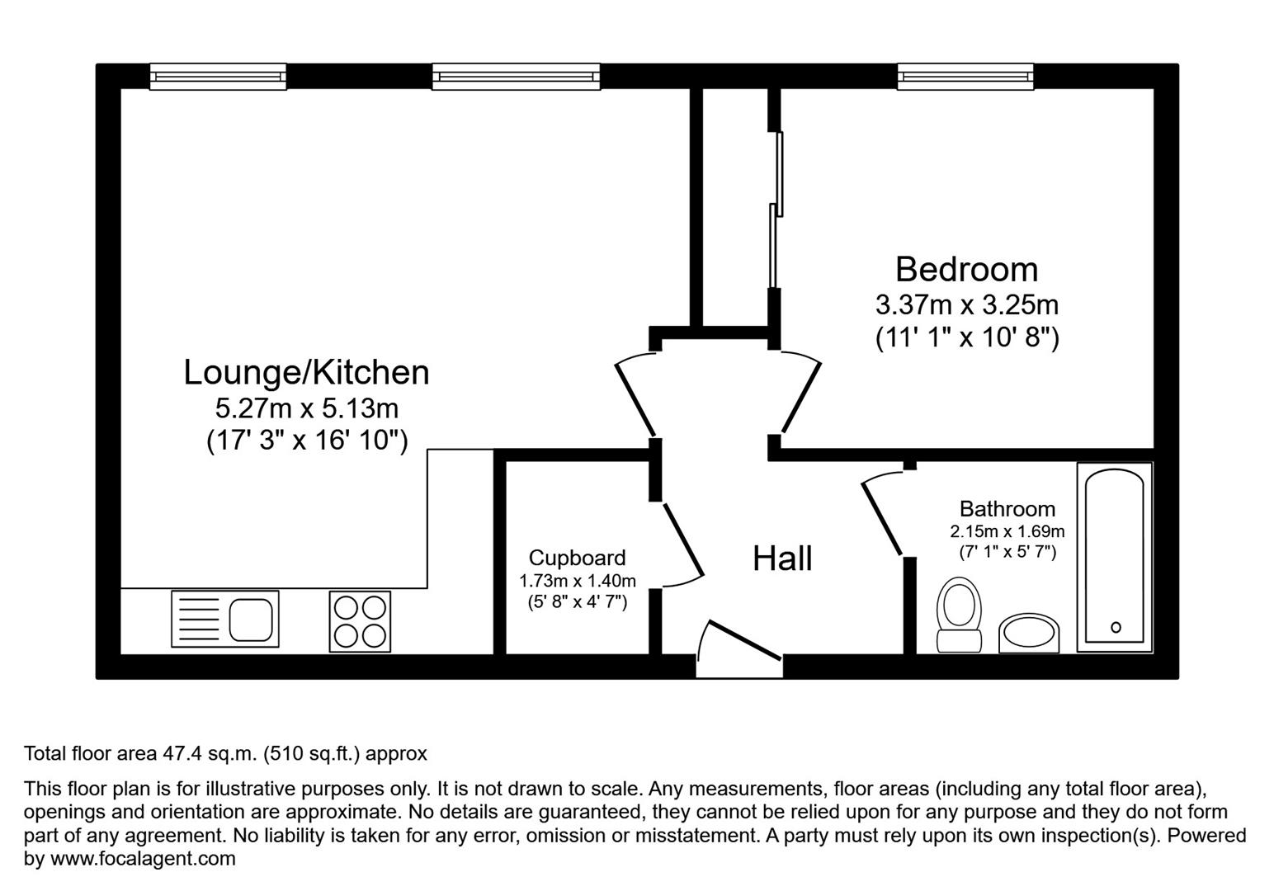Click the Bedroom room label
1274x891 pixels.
[x=966, y=270]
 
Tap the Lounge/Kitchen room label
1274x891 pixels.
[x=306, y=372]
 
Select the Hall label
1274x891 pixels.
[x=782, y=559]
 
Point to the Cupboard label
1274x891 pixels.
[x=577, y=558]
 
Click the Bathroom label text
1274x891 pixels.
[x=1007, y=509]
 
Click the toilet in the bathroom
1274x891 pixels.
[x=960, y=615]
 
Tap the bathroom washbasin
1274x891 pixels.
[x=1029, y=634]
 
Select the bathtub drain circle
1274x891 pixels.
[x=1116, y=627]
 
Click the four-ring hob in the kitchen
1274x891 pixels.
[x=361, y=621]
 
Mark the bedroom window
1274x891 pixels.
[x=965, y=77]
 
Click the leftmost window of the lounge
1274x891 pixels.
[x=218, y=77]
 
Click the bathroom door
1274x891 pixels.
[x=881, y=516]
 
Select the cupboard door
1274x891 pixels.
[x=683, y=540]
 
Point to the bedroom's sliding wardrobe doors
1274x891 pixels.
[x=776, y=210]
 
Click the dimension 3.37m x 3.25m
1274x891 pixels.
[x=966, y=305]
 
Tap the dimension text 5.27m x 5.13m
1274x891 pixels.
[x=306, y=408]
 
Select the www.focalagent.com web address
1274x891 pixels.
[x=143, y=859]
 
